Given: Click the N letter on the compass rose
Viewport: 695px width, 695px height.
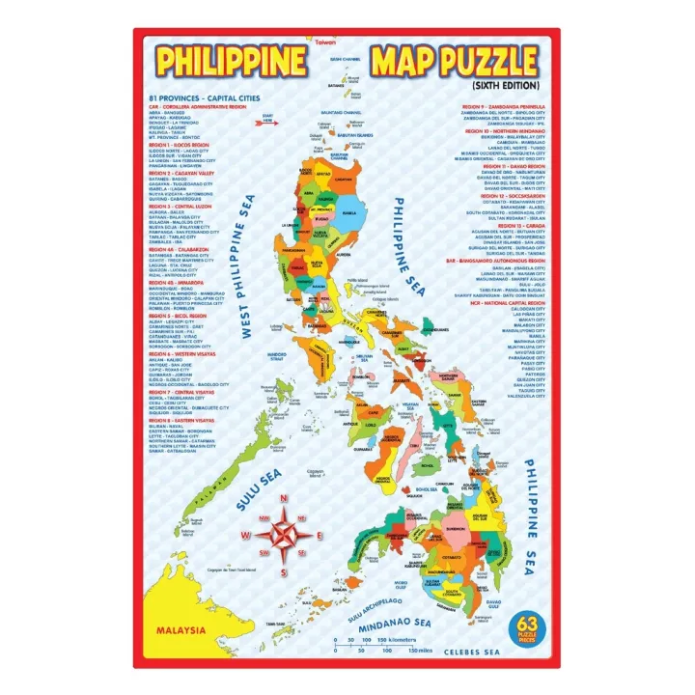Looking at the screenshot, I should [284, 499].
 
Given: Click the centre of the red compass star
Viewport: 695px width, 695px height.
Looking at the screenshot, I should [284, 535].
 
